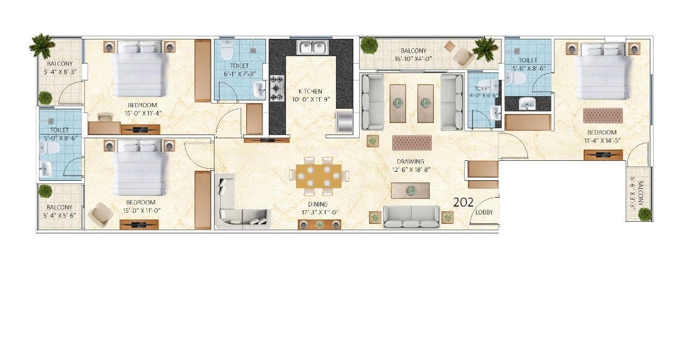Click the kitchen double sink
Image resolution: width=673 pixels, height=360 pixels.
pos(312,47)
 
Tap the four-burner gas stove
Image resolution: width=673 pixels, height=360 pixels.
pos(277,88)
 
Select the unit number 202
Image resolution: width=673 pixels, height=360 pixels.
pos(463,202)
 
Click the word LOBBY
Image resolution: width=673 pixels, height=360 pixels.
pos(484,213)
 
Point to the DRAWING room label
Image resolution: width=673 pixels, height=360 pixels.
pos(411,161)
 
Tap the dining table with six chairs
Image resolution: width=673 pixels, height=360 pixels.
pos(319,176)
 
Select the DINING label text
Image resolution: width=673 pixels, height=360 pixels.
pos(318,204)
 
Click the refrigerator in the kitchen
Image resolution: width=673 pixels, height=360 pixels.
pos(344,121)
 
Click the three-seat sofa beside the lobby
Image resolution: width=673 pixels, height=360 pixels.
pos(411,216)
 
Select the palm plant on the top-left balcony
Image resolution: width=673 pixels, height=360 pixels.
pos(42,45)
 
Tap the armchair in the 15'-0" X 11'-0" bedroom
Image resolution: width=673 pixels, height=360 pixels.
pos(100,214)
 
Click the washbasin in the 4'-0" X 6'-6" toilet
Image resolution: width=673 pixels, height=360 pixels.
pos(495,112)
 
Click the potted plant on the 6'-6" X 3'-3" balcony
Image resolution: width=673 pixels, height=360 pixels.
pos(645,213)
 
